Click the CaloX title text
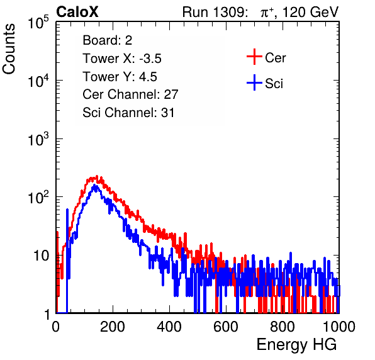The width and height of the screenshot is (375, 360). tap(77, 12)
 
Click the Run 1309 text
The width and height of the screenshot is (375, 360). tap(215, 12)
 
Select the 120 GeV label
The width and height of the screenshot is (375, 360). tap(311, 12)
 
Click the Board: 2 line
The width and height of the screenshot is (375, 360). tap(108, 40)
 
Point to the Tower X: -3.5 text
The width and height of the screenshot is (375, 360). tap(122, 59)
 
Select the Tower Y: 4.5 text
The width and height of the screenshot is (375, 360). tap(120, 77)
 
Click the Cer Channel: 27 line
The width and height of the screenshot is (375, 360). tap(130, 94)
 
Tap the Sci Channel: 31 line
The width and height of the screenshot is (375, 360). tap(128, 113)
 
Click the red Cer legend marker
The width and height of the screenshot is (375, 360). tap(254, 57)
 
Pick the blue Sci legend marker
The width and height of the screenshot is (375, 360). tap(254, 82)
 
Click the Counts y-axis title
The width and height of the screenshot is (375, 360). tap(9, 49)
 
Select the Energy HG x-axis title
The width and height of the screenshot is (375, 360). tap(296, 345)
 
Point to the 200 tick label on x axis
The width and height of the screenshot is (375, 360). tap(113, 327)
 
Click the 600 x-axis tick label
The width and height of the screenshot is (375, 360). tap(226, 327)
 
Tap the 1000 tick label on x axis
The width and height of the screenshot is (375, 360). tap(339, 327)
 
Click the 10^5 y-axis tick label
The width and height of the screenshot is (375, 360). tap(38, 23)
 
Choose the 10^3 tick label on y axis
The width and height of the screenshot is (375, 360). tap(38, 139)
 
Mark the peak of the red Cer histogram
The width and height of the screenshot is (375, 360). tap(97, 176)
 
